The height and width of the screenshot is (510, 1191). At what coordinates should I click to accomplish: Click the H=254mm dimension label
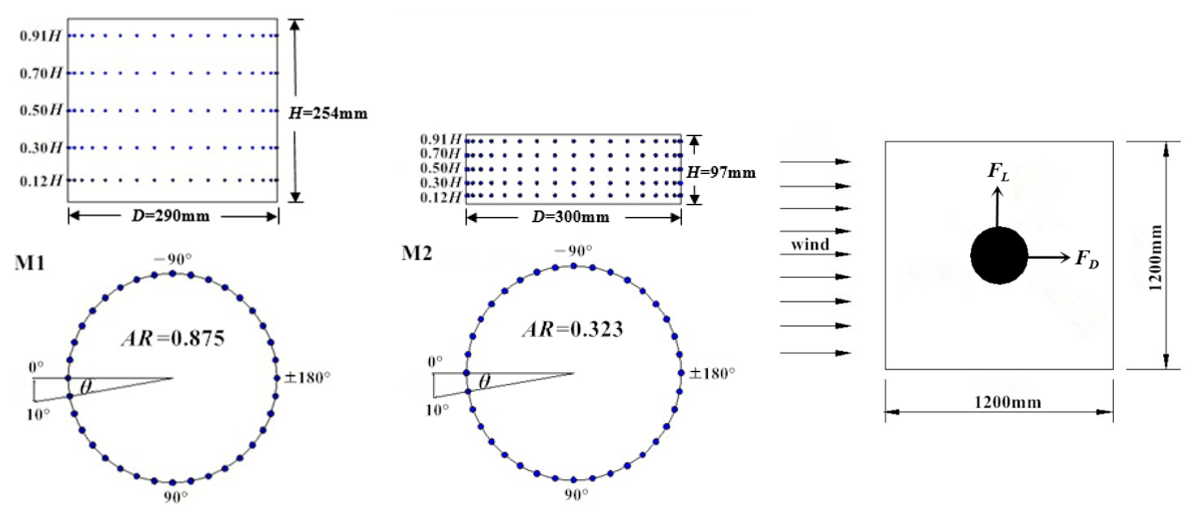coord(328,113)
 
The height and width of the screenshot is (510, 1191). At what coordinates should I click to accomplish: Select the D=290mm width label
coord(170,216)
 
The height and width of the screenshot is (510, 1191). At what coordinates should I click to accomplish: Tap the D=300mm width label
coord(571,217)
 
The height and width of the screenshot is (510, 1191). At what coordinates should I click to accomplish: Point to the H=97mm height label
coord(721,173)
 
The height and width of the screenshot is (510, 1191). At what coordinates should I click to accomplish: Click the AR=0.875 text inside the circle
coord(173,339)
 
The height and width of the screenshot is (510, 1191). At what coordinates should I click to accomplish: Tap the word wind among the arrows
coord(810,244)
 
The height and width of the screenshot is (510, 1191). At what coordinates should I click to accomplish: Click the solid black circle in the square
coord(999,256)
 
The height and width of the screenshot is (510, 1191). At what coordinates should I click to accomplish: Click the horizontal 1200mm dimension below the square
coord(1008,402)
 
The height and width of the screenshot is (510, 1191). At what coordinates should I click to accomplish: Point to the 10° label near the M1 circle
coord(38,414)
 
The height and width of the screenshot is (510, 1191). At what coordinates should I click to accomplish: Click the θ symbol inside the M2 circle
coord(484,382)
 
